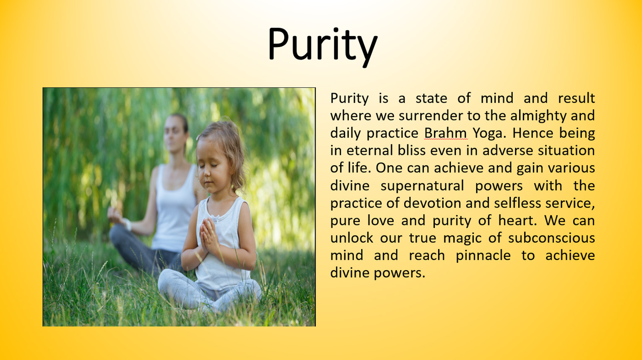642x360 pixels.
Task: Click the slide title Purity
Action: [x=322, y=46]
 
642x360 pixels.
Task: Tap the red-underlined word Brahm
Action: [x=446, y=133]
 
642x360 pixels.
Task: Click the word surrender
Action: [x=431, y=116]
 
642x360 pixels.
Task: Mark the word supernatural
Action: [x=422, y=186]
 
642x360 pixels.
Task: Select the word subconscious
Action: [x=551, y=238]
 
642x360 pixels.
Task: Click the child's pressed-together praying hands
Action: [x=208, y=236]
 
